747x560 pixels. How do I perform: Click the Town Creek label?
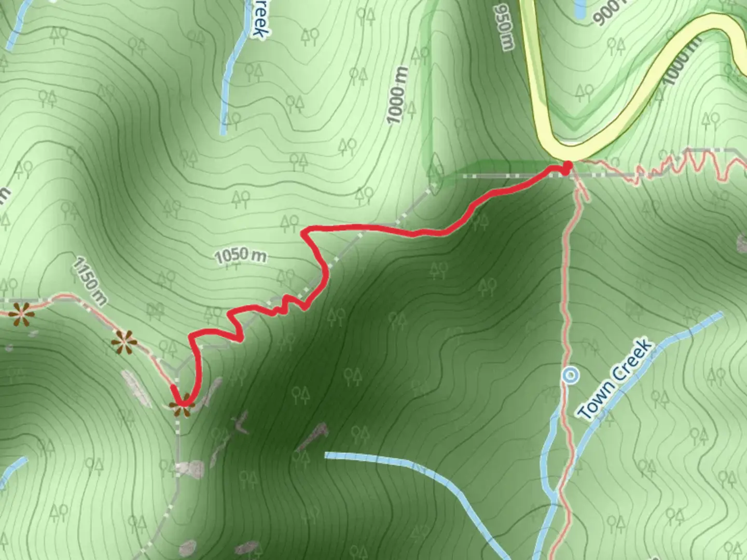tap(615, 379)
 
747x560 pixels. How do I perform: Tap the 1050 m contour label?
tap(240, 256)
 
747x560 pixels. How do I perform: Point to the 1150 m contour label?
tap(89, 282)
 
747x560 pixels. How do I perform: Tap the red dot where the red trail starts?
tap(567, 166)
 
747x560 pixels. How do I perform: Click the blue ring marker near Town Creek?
tap(571, 374)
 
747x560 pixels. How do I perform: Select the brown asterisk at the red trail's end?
tap(181, 404)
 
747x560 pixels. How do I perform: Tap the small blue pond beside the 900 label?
tap(579, 8)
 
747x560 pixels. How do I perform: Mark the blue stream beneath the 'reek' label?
tap(231, 78)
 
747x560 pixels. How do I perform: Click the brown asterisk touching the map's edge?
tap(21, 314)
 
